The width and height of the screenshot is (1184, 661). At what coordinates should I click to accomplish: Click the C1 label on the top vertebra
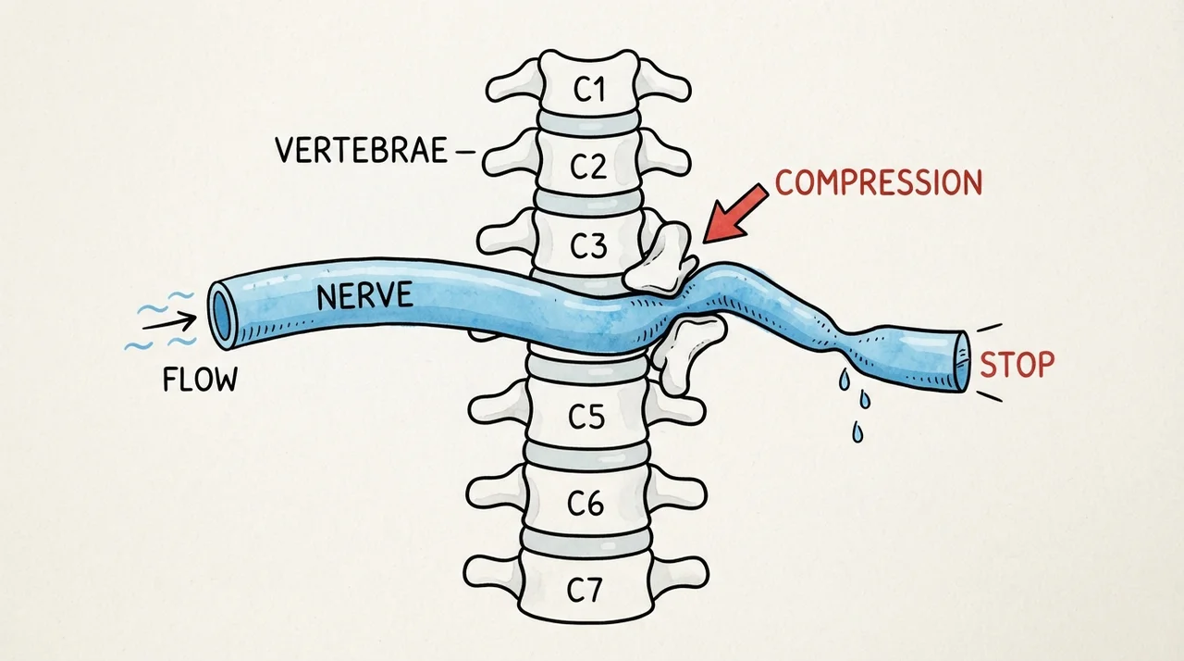click(x=589, y=90)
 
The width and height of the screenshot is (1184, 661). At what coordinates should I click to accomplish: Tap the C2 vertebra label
click(x=588, y=166)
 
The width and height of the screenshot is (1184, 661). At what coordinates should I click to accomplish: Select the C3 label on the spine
click(x=588, y=245)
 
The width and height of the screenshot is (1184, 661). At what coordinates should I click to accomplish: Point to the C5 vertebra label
click(x=586, y=418)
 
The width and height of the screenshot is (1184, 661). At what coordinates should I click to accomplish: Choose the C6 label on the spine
click(x=586, y=503)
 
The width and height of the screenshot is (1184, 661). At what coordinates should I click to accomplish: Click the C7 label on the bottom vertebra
click(x=585, y=590)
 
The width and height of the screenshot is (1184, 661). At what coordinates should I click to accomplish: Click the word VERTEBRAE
click(x=362, y=150)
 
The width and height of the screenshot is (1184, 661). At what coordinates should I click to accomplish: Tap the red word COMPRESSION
click(x=879, y=182)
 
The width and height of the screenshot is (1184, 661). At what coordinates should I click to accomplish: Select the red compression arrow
click(x=735, y=214)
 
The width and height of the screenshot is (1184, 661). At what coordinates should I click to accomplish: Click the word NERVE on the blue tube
click(x=364, y=295)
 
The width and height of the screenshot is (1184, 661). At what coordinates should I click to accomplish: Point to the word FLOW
click(x=201, y=380)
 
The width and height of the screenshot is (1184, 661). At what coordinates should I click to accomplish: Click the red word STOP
click(x=1017, y=365)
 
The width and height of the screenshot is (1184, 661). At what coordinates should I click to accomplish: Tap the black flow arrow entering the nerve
click(x=169, y=321)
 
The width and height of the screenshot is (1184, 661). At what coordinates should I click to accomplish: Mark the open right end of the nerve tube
click(x=962, y=362)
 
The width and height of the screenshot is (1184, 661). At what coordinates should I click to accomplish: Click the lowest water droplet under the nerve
click(x=857, y=432)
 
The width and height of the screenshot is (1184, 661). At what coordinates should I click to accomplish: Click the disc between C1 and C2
click(x=588, y=124)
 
